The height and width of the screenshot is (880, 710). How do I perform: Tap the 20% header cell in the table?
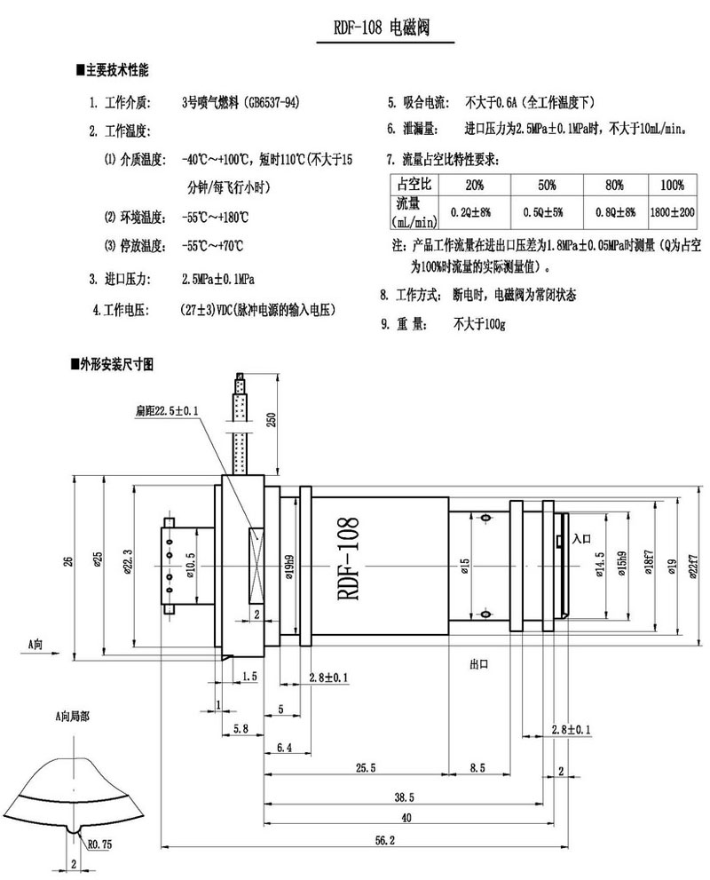[474, 186]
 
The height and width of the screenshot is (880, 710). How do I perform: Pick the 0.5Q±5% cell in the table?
[547, 213]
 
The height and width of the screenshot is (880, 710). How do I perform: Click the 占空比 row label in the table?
[414, 186]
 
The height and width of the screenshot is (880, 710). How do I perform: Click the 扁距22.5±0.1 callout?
[167, 411]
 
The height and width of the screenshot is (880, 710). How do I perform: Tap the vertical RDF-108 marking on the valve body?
[347, 560]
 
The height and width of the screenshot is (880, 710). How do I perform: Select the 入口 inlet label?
[582, 538]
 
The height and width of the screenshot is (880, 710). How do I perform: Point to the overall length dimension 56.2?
[385, 839]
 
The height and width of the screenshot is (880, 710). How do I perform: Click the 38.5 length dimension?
[403, 797]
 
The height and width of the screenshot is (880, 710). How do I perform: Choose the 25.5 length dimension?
[365, 766]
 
